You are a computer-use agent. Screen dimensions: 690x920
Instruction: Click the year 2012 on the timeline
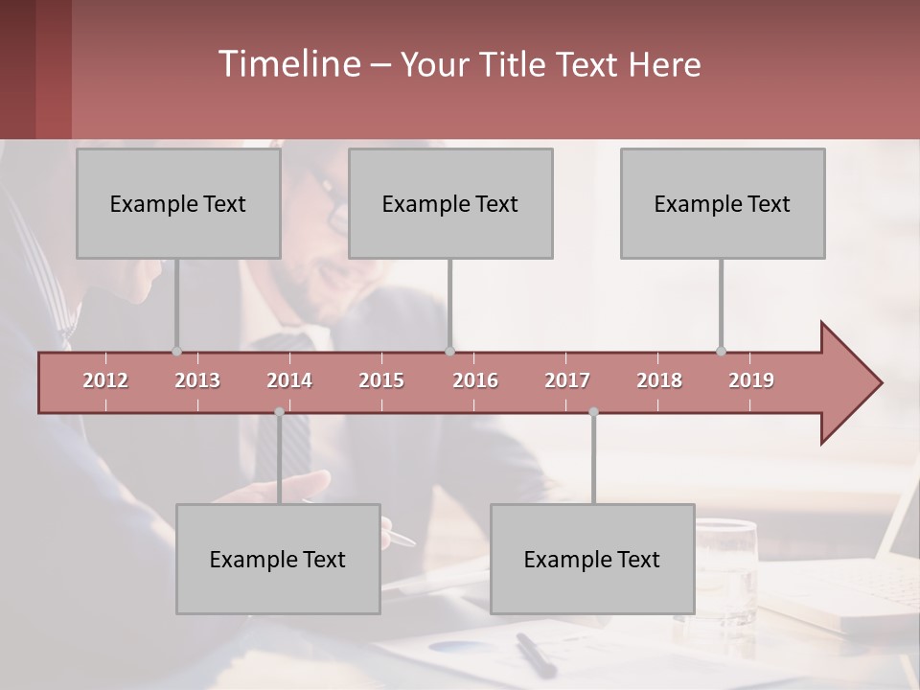tap(105, 380)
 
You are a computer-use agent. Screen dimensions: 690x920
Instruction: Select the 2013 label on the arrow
tap(197, 380)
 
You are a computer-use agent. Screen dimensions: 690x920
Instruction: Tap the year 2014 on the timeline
tap(289, 380)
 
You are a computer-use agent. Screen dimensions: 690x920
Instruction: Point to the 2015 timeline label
tap(381, 380)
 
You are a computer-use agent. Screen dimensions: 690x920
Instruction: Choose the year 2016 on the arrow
tap(475, 380)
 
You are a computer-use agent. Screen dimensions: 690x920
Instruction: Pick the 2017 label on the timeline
tap(567, 380)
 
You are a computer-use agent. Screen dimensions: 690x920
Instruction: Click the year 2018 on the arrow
tap(659, 380)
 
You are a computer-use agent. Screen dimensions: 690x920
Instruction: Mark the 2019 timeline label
tap(751, 380)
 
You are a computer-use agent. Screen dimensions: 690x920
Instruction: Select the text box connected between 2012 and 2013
tap(178, 203)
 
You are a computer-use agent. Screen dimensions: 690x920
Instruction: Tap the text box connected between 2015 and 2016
tap(450, 203)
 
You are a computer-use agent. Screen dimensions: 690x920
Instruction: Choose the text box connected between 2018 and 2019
tap(723, 203)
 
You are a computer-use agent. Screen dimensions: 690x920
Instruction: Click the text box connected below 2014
tap(278, 559)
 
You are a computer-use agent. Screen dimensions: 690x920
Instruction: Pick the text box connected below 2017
tap(592, 559)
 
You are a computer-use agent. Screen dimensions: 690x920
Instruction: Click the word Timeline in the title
tap(287, 64)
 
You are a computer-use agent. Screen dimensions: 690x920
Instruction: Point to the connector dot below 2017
tap(593, 412)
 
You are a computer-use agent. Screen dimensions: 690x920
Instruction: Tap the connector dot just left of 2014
tap(279, 412)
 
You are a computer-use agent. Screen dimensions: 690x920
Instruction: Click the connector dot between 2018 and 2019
tap(721, 351)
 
